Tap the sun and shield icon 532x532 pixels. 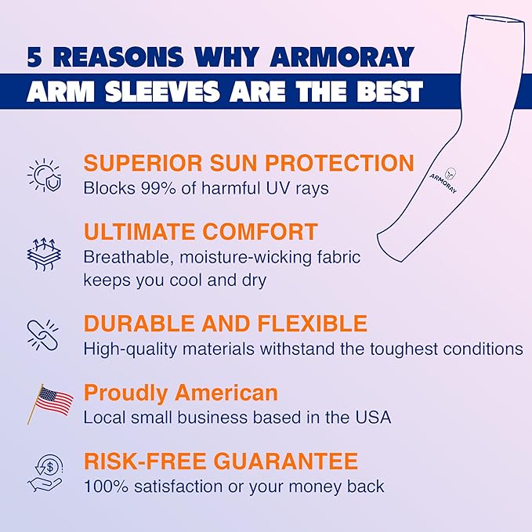click(x=43, y=175)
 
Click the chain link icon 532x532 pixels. click(x=43, y=335)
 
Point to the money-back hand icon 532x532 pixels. click(x=45, y=472)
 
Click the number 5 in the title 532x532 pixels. click(x=36, y=57)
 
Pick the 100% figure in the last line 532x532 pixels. click(x=103, y=487)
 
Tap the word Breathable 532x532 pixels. click(x=124, y=257)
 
